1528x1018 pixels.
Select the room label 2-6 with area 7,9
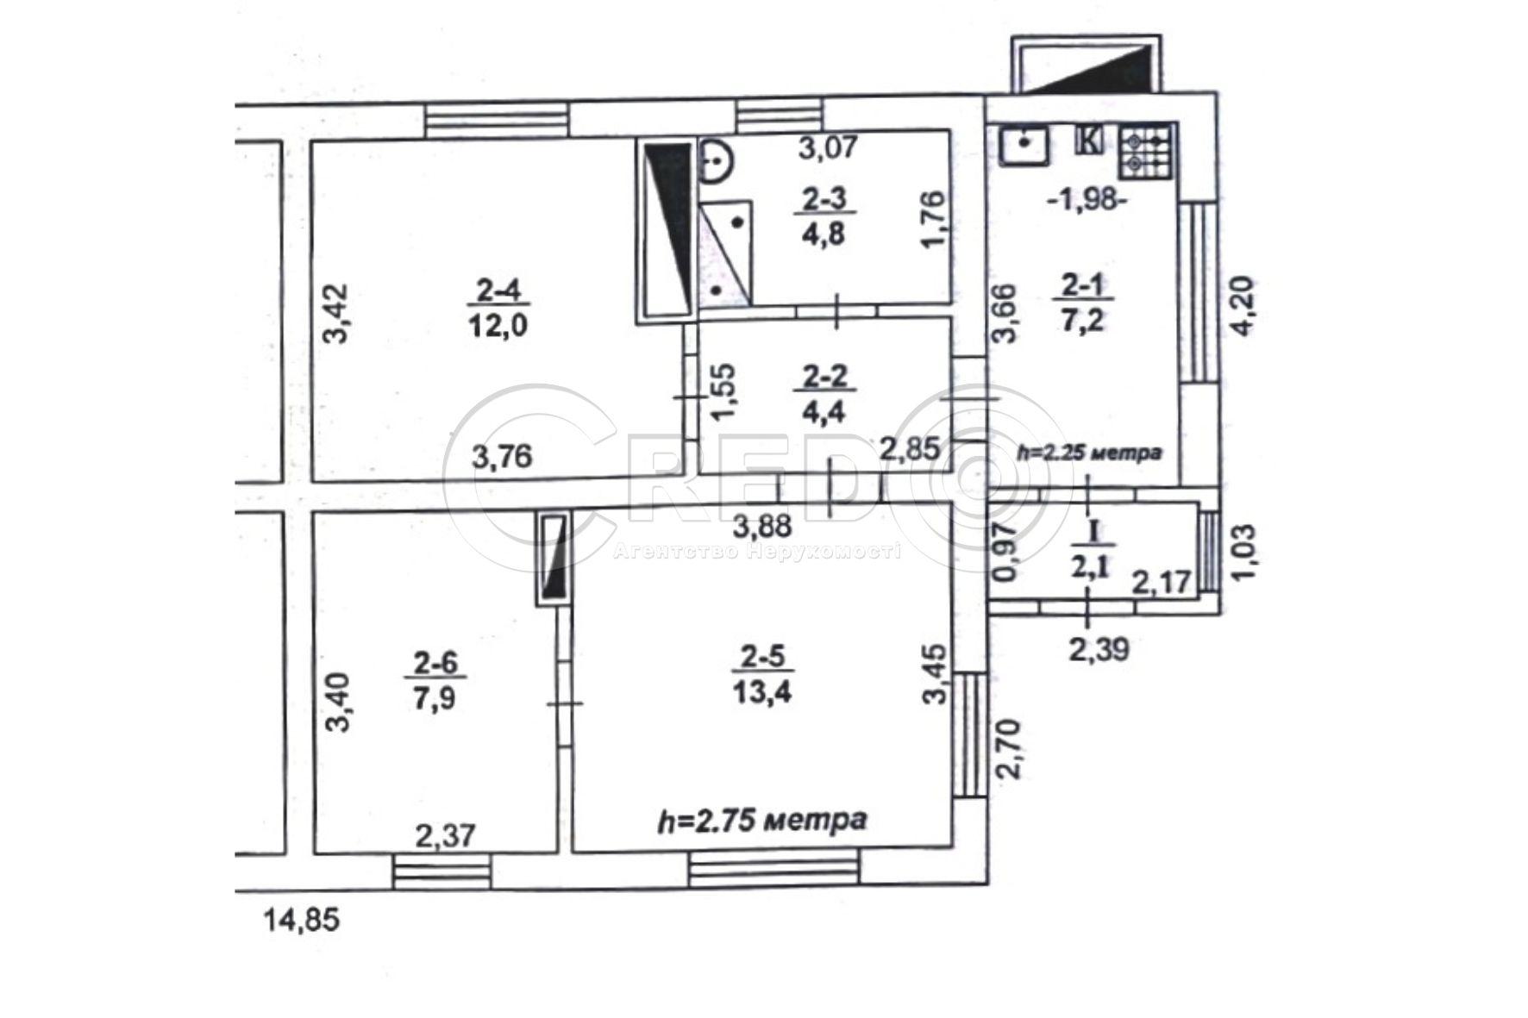pyautogui.click(x=435, y=680)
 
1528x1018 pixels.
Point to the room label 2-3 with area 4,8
pyautogui.click(x=823, y=217)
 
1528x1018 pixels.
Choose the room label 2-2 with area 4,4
pyautogui.click(x=823, y=393)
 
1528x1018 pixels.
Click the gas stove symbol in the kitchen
pyautogui.click(x=1146, y=152)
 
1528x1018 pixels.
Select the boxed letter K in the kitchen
pyautogui.click(x=1090, y=140)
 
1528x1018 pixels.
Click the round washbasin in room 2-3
pyautogui.click(x=715, y=161)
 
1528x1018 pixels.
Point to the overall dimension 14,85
pyautogui.click(x=302, y=921)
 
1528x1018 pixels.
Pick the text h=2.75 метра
pyautogui.click(x=762, y=820)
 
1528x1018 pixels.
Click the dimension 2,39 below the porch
pyautogui.click(x=1099, y=648)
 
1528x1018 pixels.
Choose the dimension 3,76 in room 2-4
pyautogui.click(x=503, y=455)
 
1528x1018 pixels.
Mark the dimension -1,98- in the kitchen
pyautogui.click(x=1087, y=200)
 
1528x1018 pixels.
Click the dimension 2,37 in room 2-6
pyautogui.click(x=445, y=834)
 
